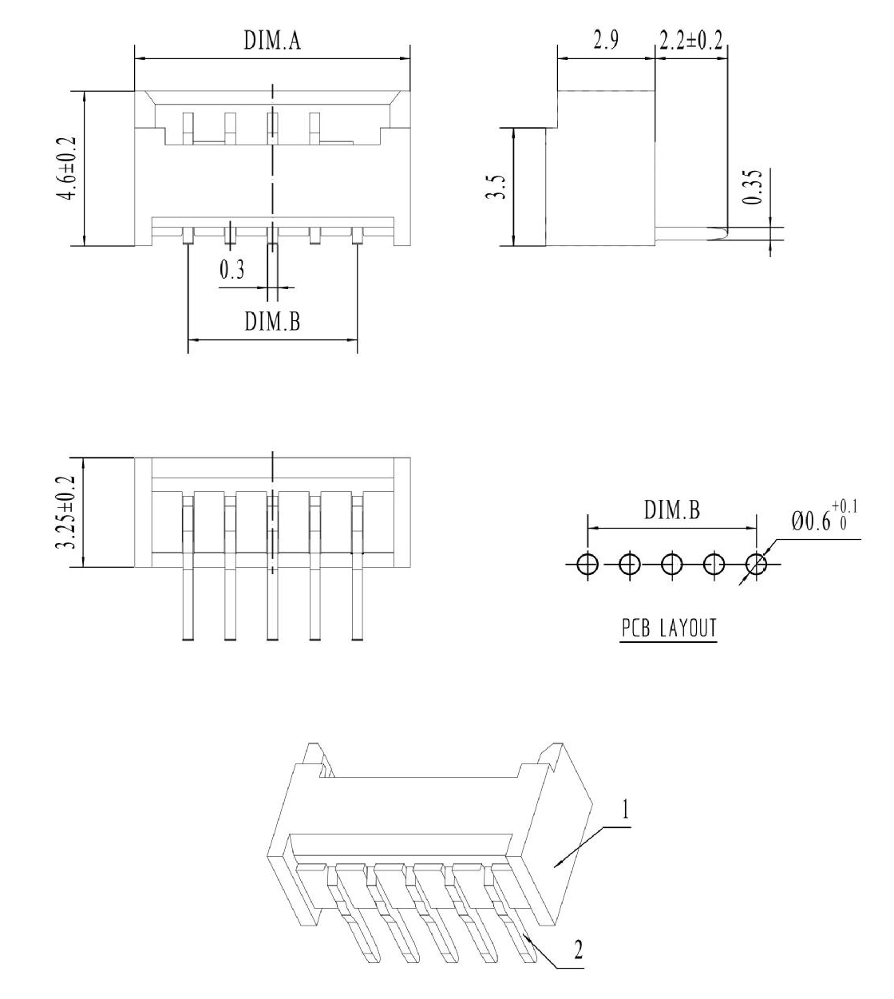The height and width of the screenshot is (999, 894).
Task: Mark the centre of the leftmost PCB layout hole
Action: click(587, 564)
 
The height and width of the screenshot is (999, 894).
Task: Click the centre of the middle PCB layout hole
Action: click(672, 564)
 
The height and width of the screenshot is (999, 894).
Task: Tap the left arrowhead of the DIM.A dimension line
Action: click(135, 58)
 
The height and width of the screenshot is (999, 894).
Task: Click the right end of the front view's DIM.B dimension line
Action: click(358, 339)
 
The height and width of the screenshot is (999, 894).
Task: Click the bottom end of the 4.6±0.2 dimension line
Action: click(85, 245)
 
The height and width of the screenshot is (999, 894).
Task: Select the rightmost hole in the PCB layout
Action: click(757, 564)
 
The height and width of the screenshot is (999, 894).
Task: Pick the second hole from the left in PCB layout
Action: click(630, 564)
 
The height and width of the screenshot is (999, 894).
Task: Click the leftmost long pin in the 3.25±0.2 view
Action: click(188, 569)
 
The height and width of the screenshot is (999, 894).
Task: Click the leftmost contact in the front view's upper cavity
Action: click(188, 129)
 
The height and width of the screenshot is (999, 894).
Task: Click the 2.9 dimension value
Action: click(606, 40)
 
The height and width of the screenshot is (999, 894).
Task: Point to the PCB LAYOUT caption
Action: click(669, 628)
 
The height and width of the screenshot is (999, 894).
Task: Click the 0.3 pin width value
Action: click(231, 270)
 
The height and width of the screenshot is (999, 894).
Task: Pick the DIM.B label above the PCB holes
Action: click(672, 509)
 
